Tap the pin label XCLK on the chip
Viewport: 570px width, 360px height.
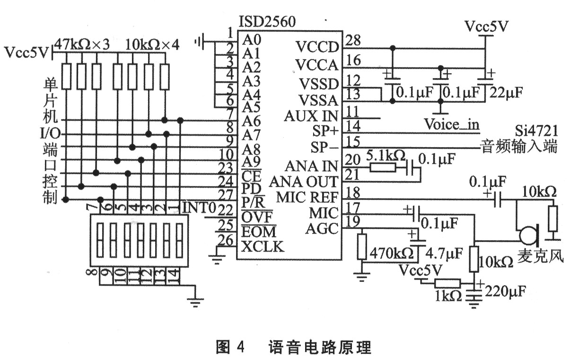[263, 246]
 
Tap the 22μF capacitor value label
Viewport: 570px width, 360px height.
[507, 92]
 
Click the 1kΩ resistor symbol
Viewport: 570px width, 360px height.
[447, 283]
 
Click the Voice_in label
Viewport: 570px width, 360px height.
[451, 125]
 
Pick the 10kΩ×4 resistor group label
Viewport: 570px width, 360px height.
[152, 45]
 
